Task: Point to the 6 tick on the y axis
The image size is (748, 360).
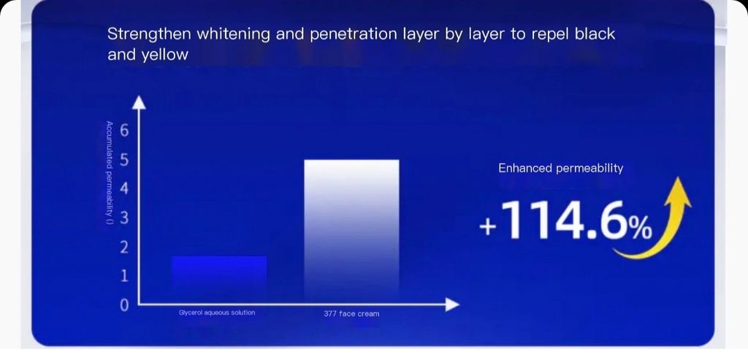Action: coord(124,131)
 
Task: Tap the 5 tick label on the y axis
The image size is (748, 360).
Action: coord(124,160)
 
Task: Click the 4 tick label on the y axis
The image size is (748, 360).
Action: coord(124,189)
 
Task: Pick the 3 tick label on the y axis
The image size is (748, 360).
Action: coord(124,218)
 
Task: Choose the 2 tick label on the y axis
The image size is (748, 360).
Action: coord(124,247)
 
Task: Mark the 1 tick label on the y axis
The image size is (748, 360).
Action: coord(124,276)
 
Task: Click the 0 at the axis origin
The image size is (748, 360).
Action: coord(124,305)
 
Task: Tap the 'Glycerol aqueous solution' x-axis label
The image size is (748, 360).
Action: coord(217,313)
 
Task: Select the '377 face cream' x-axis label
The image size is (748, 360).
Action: coord(351,314)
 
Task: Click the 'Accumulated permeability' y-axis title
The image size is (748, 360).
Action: coord(110,174)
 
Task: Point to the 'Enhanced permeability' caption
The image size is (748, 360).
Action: coord(560,169)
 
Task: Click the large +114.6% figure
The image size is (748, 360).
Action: coord(566,220)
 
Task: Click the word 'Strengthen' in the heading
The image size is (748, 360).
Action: coord(149,35)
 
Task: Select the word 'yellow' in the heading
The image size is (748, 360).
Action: coord(164,55)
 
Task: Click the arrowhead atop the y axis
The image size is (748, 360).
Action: coord(138,102)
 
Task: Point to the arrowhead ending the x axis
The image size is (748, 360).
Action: coord(452,305)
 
